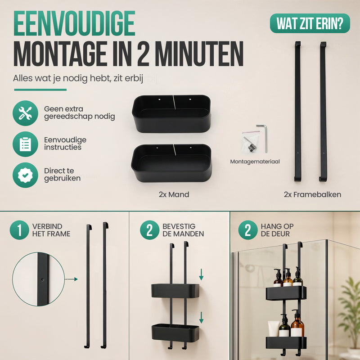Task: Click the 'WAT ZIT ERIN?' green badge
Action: (310, 23)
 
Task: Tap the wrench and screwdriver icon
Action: (25, 113)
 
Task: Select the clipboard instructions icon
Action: (25, 144)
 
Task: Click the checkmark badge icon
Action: (25, 175)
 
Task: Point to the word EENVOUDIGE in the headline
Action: (74, 23)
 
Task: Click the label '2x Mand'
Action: (174, 194)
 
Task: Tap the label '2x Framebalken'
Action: (312, 194)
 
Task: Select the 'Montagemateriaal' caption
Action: (255, 162)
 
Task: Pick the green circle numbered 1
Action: (19, 230)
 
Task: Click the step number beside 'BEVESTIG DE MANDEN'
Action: (150, 230)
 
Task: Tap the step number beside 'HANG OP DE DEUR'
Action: (248, 230)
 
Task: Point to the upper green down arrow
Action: (201, 274)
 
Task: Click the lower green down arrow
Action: (201, 318)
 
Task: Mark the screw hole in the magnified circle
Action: (42, 280)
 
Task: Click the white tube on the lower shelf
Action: (274, 329)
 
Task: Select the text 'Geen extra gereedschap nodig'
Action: (80, 113)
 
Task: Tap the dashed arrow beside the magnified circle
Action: (72, 279)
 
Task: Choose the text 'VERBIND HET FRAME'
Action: (51, 230)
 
